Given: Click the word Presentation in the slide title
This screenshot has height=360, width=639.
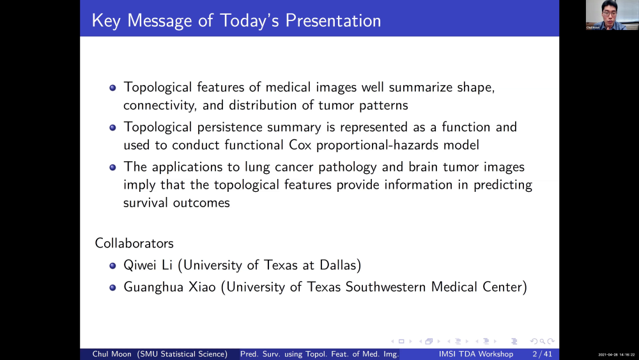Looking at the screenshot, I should coord(333,20).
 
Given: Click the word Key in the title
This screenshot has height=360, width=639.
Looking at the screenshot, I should coord(105,20).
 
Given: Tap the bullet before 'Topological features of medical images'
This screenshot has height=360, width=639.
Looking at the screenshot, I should coord(112,88).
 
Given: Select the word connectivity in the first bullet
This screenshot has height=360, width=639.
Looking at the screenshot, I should coord(157,105).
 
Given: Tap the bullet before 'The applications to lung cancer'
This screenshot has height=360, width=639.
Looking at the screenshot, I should coord(112,168).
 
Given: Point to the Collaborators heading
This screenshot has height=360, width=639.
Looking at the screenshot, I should coord(134,244).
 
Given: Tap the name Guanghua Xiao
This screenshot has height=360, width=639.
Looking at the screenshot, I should coord(170,287).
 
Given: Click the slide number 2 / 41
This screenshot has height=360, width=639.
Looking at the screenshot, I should coord(542,354).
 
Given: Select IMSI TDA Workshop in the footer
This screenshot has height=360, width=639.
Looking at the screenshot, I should coord(475,354).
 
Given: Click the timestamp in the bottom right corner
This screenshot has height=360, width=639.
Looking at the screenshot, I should coord(616,355).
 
